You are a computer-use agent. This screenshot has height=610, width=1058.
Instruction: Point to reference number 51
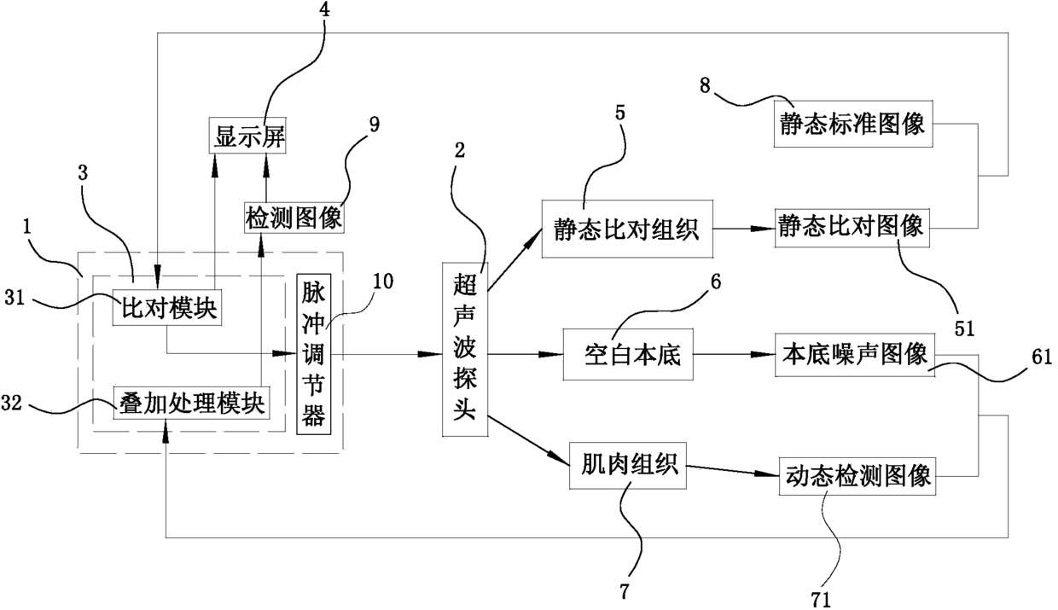pos(964,328)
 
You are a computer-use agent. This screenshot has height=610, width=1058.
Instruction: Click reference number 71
pos(821,600)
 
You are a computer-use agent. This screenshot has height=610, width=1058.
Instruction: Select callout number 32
pos(11,404)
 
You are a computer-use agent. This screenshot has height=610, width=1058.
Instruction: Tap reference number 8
pos(705,86)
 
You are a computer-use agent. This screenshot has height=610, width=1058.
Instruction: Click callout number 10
pos(383,282)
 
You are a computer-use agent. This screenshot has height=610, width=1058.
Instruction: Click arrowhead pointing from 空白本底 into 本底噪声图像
pos(764,354)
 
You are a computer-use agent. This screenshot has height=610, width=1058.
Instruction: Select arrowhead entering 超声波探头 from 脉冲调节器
pos(430,354)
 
